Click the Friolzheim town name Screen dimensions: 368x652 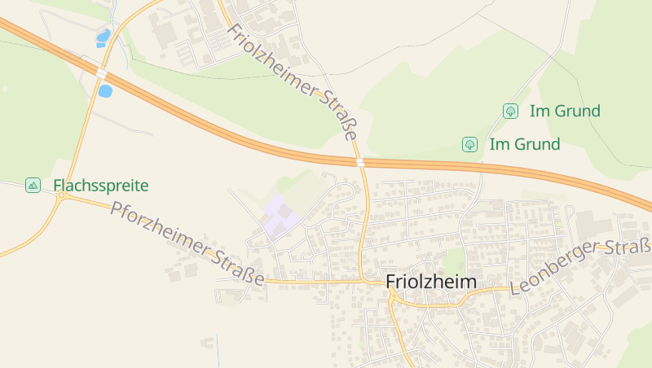pos(430,282)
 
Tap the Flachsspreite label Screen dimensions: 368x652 pos(101,186)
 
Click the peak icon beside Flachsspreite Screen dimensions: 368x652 pos(33,186)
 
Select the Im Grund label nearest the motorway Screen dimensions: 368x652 pos(525,145)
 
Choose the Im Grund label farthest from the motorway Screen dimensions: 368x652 pos(565,111)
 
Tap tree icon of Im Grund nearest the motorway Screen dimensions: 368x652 pos(469,145)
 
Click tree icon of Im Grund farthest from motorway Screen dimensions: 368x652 pos(510,111)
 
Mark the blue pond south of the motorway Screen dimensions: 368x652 pos(105,91)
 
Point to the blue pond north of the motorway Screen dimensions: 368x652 pos(103,37)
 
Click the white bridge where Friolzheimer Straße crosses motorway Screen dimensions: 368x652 pos(359,162)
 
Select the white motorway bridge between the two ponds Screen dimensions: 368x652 pos(101,73)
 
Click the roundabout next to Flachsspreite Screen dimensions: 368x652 pos(60,196)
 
